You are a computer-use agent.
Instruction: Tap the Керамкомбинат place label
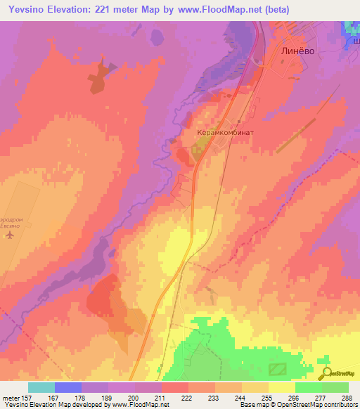224,131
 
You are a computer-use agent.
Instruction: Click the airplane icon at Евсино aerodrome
9,235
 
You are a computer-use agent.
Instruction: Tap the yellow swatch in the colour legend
281,387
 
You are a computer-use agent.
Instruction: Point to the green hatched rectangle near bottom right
278,369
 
